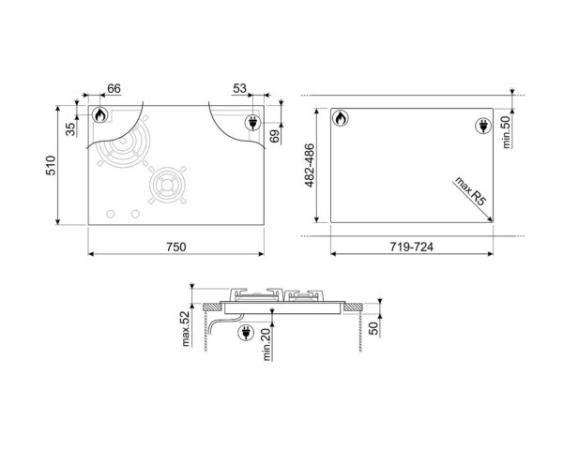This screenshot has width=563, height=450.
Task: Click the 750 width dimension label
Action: tap(175, 247)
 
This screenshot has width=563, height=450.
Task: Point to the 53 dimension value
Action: tap(239, 88)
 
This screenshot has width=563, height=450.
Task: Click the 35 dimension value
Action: tap(70, 128)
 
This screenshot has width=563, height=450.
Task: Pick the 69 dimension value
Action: tap(275, 138)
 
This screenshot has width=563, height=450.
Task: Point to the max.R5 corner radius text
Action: tap(465, 189)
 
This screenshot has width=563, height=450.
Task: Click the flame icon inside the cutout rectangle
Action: tap(341, 119)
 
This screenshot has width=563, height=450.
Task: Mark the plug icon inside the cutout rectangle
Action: tap(484, 126)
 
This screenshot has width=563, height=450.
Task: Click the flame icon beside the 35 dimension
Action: tap(99, 115)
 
